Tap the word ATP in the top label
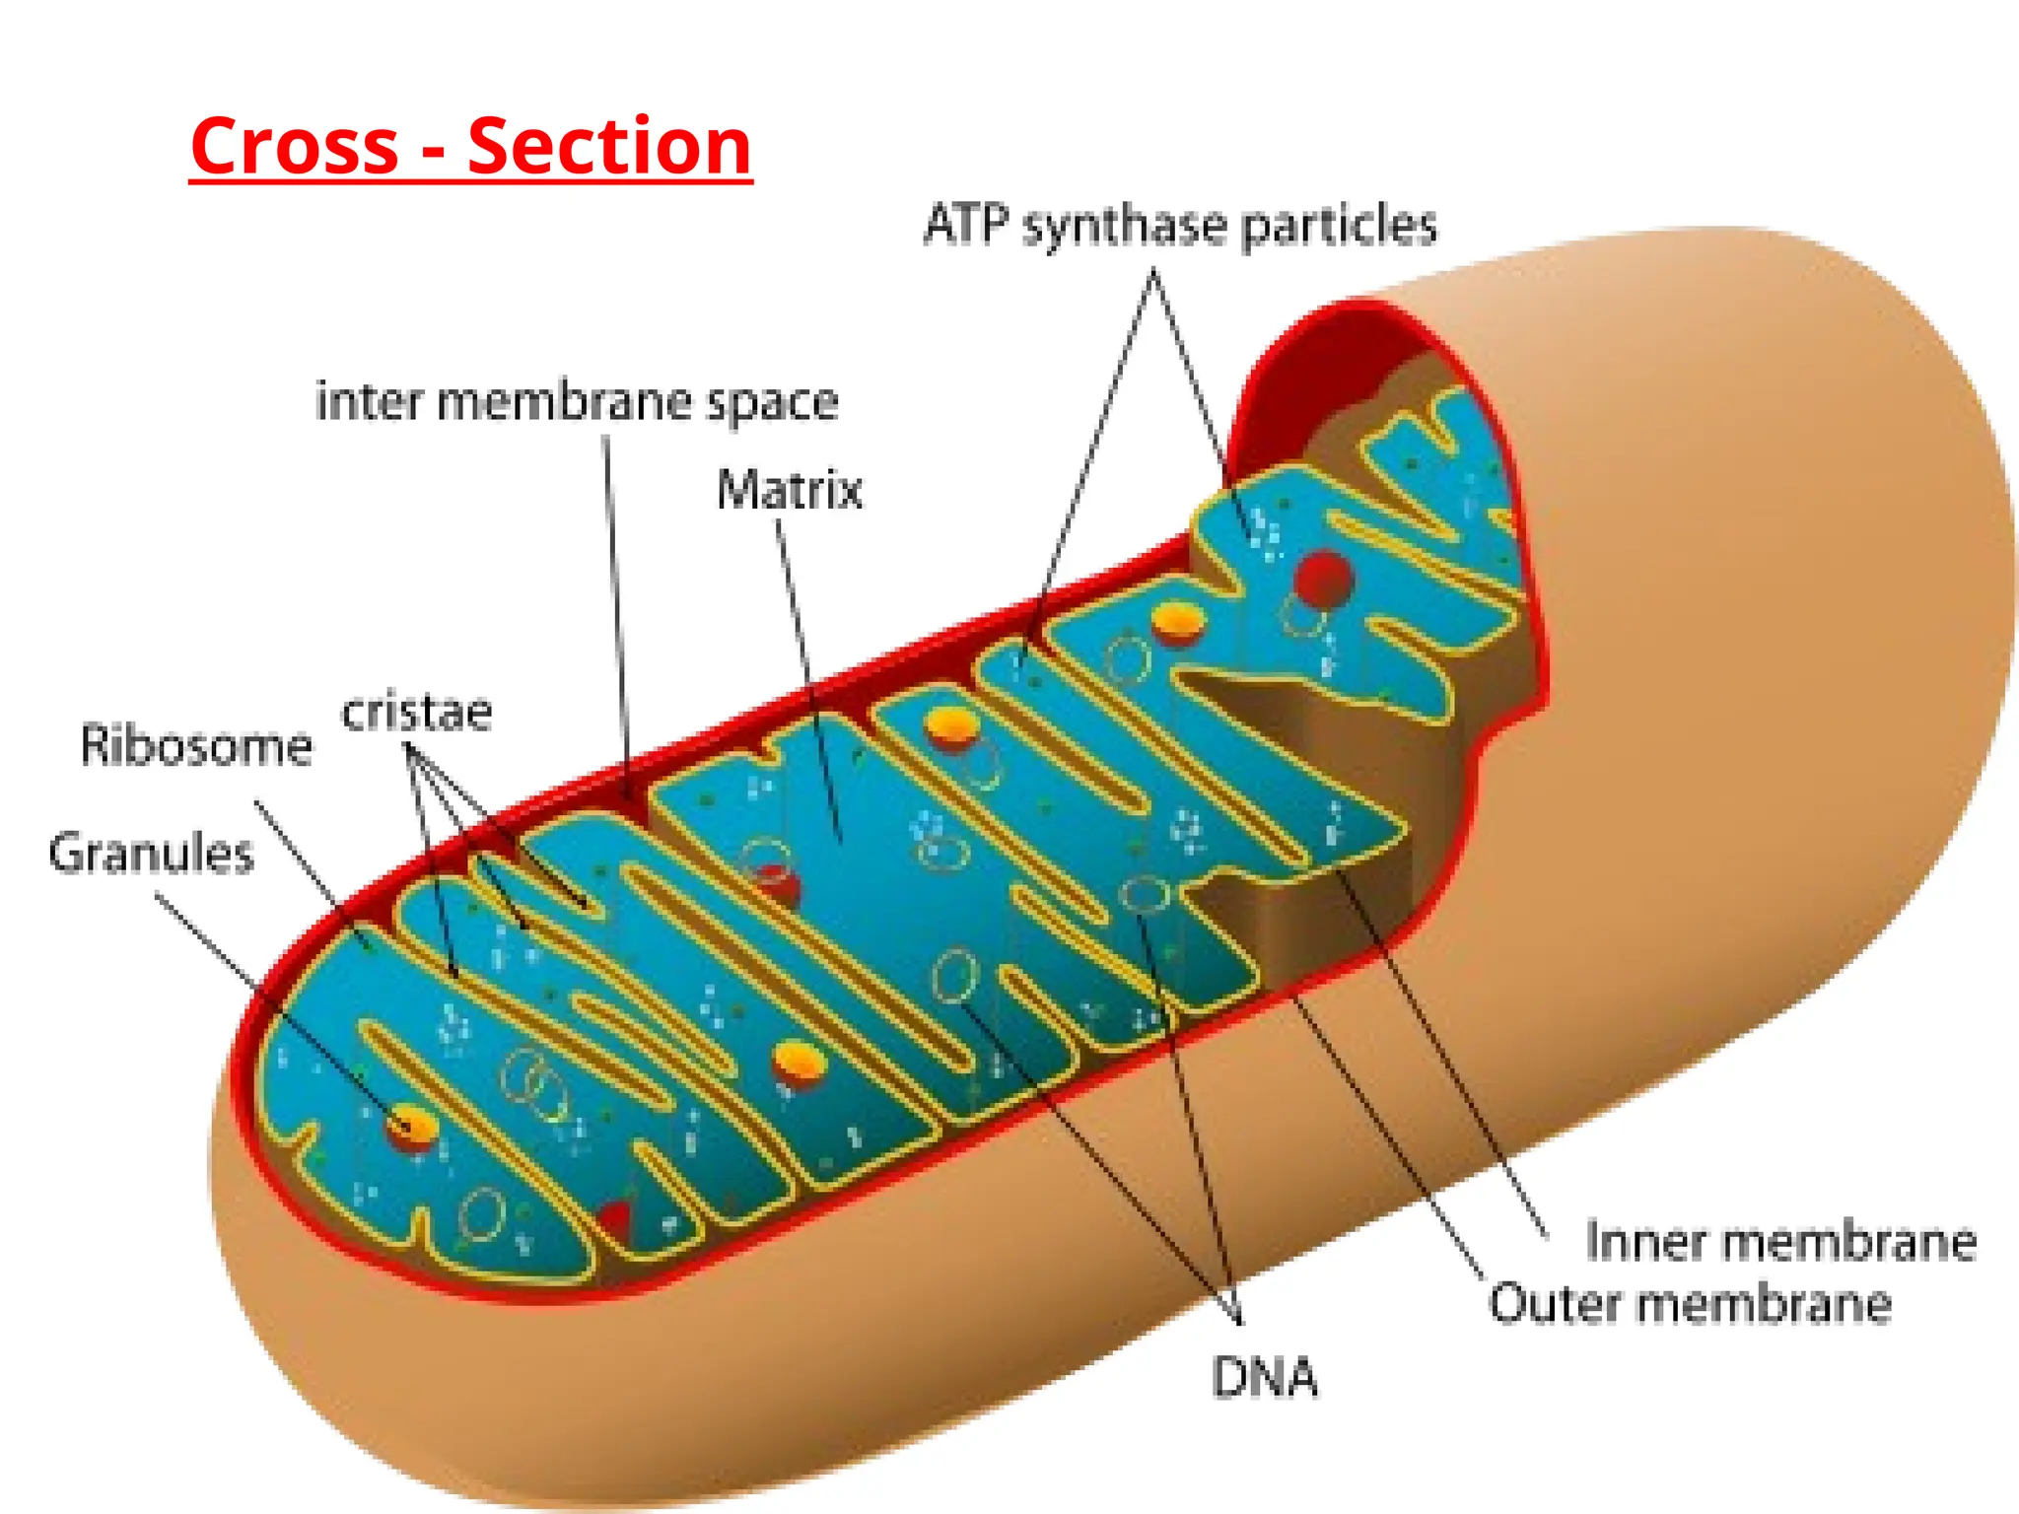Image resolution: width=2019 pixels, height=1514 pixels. point(966,225)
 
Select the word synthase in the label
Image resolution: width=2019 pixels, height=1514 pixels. point(1125,227)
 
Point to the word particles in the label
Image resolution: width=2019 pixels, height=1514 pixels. point(1338,227)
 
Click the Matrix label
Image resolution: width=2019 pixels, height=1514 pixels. point(790,490)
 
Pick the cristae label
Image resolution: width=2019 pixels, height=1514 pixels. point(416,712)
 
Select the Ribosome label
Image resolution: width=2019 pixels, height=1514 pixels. point(196,745)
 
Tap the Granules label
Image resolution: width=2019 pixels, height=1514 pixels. point(151,853)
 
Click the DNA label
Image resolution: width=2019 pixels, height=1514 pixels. point(1264,1377)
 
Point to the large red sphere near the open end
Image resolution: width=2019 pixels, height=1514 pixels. point(1323,579)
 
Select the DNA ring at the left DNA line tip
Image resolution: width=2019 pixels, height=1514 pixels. point(953,976)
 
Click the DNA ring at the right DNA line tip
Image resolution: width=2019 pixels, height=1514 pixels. point(1144,895)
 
